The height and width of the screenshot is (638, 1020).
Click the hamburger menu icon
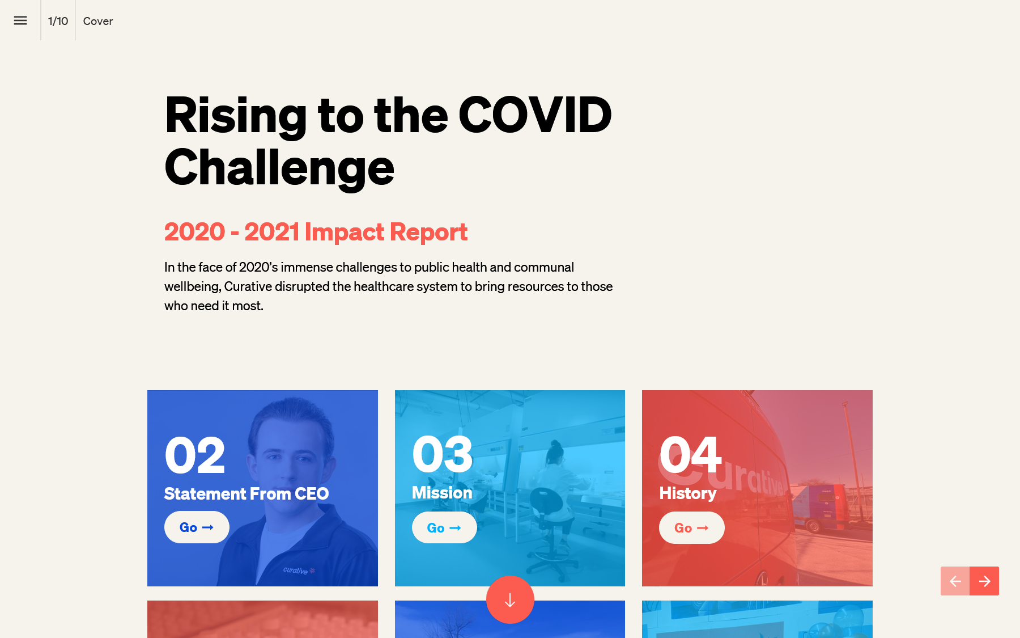(20, 20)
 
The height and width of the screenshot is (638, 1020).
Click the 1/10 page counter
(58, 21)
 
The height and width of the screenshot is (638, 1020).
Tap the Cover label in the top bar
(98, 21)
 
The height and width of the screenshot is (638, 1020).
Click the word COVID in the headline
(535, 115)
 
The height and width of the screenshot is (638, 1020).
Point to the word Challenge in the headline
(279, 168)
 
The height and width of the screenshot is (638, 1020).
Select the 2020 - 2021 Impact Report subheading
(316, 232)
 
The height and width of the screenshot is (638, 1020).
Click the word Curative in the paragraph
(248, 286)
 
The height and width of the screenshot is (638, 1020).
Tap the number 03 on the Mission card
(443, 454)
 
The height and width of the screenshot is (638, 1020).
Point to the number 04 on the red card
(690, 454)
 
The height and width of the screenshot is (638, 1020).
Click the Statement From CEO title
(246, 494)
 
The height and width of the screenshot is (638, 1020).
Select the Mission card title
(442, 493)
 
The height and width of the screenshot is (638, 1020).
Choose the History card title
(688, 493)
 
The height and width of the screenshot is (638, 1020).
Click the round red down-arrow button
(510, 599)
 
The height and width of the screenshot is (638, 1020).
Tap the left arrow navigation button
(955, 581)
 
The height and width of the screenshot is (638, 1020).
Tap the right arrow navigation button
(984, 581)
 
